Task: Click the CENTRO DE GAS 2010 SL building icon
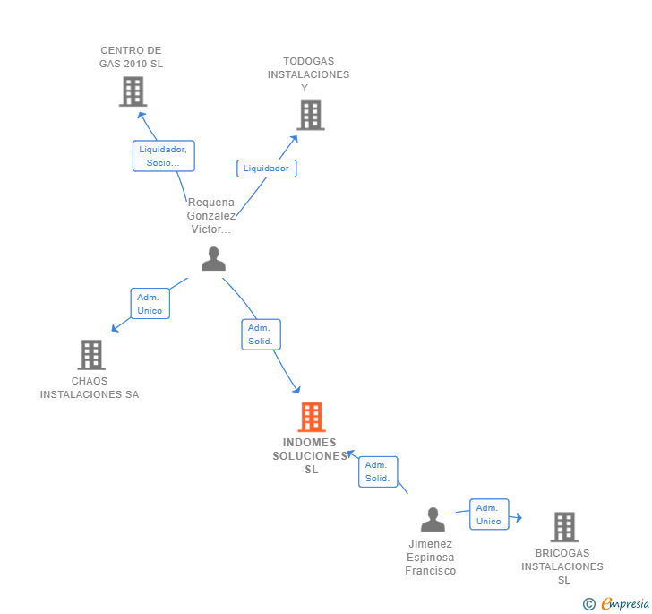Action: pyautogui.click(x=133, y=91)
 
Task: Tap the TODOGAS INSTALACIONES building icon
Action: pyautogui.click(x=310, y=115)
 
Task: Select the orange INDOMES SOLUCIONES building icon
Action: pyautogui.click(x=310, y=417)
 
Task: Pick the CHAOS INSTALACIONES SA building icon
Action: pyautogui.click(x=90, y=355)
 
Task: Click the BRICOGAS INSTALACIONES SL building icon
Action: pyautogui.click(x=563, y=527)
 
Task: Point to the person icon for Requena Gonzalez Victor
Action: pyautogui.click(x=213, y=259)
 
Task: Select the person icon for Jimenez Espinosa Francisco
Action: pyautogui.click(x=433, y=519)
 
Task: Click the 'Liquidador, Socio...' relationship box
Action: pyautogui.click(x=164, y=156)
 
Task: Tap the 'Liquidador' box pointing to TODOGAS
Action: pyautogui.click(x=266, y=169)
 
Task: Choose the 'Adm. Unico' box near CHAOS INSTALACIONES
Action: pyautogui.click(x=150, y=304)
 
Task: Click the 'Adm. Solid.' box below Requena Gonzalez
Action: pyautogui.click(x=261, y=334)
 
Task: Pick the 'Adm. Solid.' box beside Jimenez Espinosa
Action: pyautogui.click(x=377, y=471)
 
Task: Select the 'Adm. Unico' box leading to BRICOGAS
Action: pyautogui.click(x=489, y=515)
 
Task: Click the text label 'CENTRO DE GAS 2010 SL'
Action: pyautogui.click(x=131, y=57)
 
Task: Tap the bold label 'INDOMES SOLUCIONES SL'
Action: pyautogui.click(x=310, y=455)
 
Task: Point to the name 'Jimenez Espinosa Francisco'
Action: pyautogui.click(x=431, y=557)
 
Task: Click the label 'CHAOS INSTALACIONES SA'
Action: pyautogui.click(x=90, y=387)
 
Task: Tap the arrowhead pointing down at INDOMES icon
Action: pyautogui.click(x=296, y=389)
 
